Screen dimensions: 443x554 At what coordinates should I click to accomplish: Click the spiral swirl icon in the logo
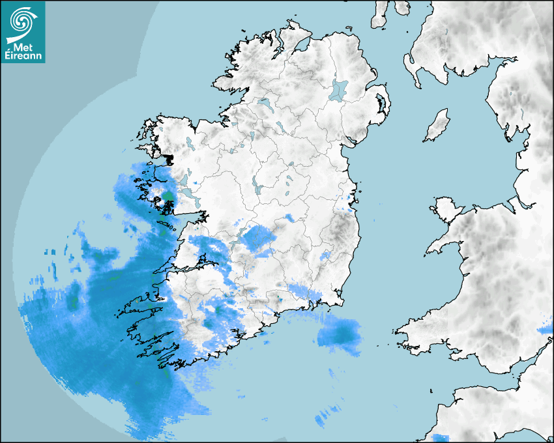[x=22, y=21]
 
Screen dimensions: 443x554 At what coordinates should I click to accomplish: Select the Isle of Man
[x=437, y=126]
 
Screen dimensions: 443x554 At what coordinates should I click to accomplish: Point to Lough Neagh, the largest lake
[x=339, y=89]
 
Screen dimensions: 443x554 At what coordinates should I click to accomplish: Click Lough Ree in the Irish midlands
[x=258, y=188]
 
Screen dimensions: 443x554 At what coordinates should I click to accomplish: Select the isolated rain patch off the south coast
[x=340, y=335]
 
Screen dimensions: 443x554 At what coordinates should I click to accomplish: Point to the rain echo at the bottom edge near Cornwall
[x=441, y=437]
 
